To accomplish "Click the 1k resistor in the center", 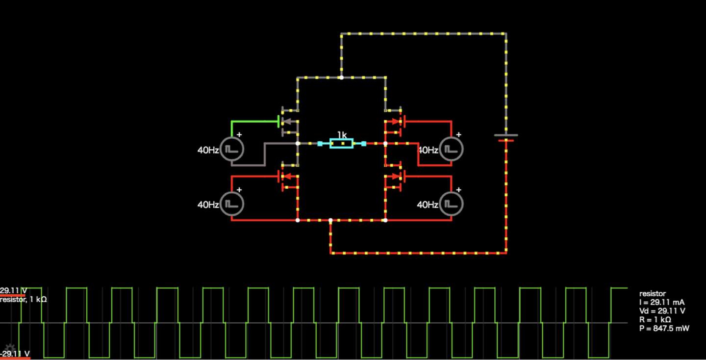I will coord(342,143).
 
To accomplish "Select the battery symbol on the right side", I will coord(505,138).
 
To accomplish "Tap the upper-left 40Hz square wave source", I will coord(231,149).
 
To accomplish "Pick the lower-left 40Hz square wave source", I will coord(231,204).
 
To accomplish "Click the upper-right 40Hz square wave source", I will coord(451,149).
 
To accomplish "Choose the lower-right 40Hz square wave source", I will coord(451,204).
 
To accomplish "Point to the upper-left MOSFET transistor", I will coord(288,121).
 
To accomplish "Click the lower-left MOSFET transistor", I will coord(288,176).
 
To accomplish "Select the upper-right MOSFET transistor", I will coord(394,121).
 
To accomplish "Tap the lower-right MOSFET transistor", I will coord(394,176).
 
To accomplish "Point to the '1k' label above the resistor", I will coord(342,134).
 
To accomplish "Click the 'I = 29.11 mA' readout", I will coord(661,302).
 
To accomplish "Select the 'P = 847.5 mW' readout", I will coord(664,328).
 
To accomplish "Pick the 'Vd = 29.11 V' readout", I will coord(662,311).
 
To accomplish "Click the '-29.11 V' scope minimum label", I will coord(15,354).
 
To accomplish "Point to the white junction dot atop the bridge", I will coord(341,77).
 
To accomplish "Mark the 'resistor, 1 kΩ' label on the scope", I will coord(24,299).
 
